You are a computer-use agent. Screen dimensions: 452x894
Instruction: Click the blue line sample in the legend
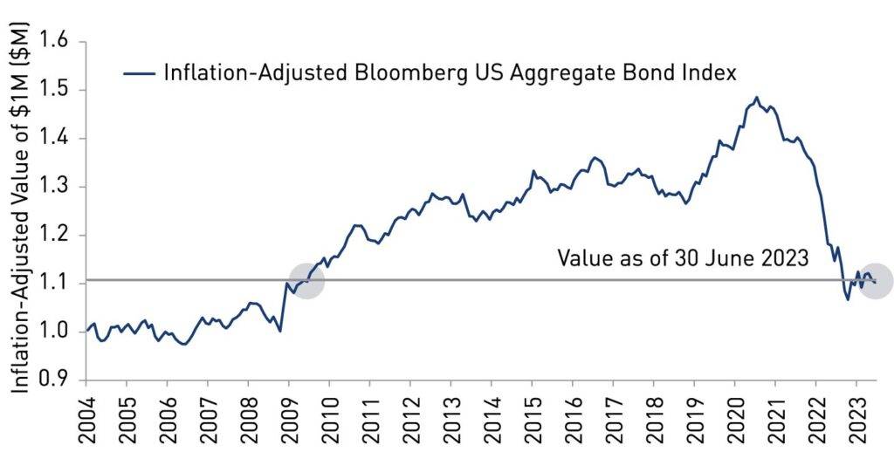point(139,72)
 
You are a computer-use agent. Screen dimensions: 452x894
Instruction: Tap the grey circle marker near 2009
point(306,280)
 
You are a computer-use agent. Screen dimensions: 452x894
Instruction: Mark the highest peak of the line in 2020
point(756,98)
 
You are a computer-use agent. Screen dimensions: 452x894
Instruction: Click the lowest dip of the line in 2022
point(847,299)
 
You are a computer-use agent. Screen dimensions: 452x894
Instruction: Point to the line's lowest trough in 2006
point(184,345)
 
